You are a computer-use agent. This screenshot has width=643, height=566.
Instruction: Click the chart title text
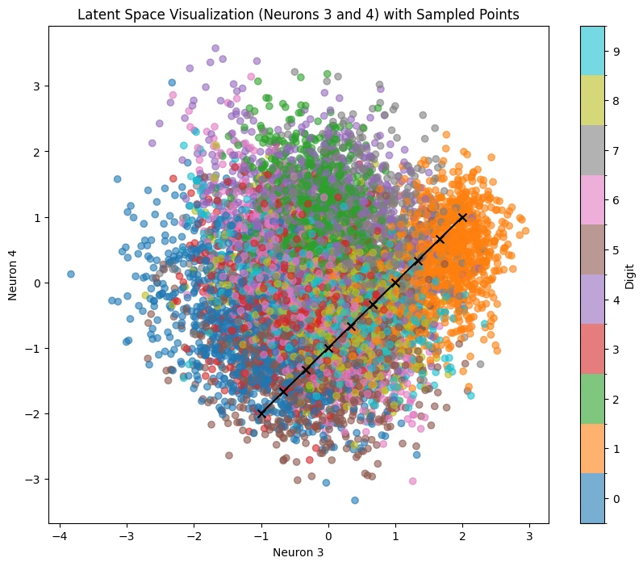pos(299,15)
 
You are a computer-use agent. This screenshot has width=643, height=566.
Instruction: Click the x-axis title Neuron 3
pos(299,552)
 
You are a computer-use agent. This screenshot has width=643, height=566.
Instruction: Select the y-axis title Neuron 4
pos(12,275)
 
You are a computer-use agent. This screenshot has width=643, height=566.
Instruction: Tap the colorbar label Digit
pos(629,276)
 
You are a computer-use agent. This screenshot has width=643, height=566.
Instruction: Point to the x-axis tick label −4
pos(60,536)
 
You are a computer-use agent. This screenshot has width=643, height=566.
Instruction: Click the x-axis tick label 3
pos(529,536)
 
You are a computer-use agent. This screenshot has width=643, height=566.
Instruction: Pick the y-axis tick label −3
pos(32,480)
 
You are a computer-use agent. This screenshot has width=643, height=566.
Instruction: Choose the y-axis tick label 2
pos(37,152)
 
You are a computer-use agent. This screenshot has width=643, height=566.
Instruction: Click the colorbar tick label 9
pos(616,52)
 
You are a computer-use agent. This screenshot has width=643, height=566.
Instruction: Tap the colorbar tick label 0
pos(616,499)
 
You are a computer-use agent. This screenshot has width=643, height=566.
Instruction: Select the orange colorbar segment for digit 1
pos(592,449)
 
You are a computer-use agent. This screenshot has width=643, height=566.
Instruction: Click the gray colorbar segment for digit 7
pos(592,150)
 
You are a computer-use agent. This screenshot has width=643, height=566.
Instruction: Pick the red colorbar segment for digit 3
pos(592,349)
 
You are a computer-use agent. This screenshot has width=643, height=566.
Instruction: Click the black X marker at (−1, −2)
pos(261,413)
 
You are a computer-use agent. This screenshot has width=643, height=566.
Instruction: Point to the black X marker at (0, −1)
pos(328,348)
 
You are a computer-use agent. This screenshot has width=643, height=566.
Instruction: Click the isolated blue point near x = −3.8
pos(71,274)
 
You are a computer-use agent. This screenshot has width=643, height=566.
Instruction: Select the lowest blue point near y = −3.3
pos(355,500)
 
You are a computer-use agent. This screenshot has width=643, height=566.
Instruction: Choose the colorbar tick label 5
pos(616,250)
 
